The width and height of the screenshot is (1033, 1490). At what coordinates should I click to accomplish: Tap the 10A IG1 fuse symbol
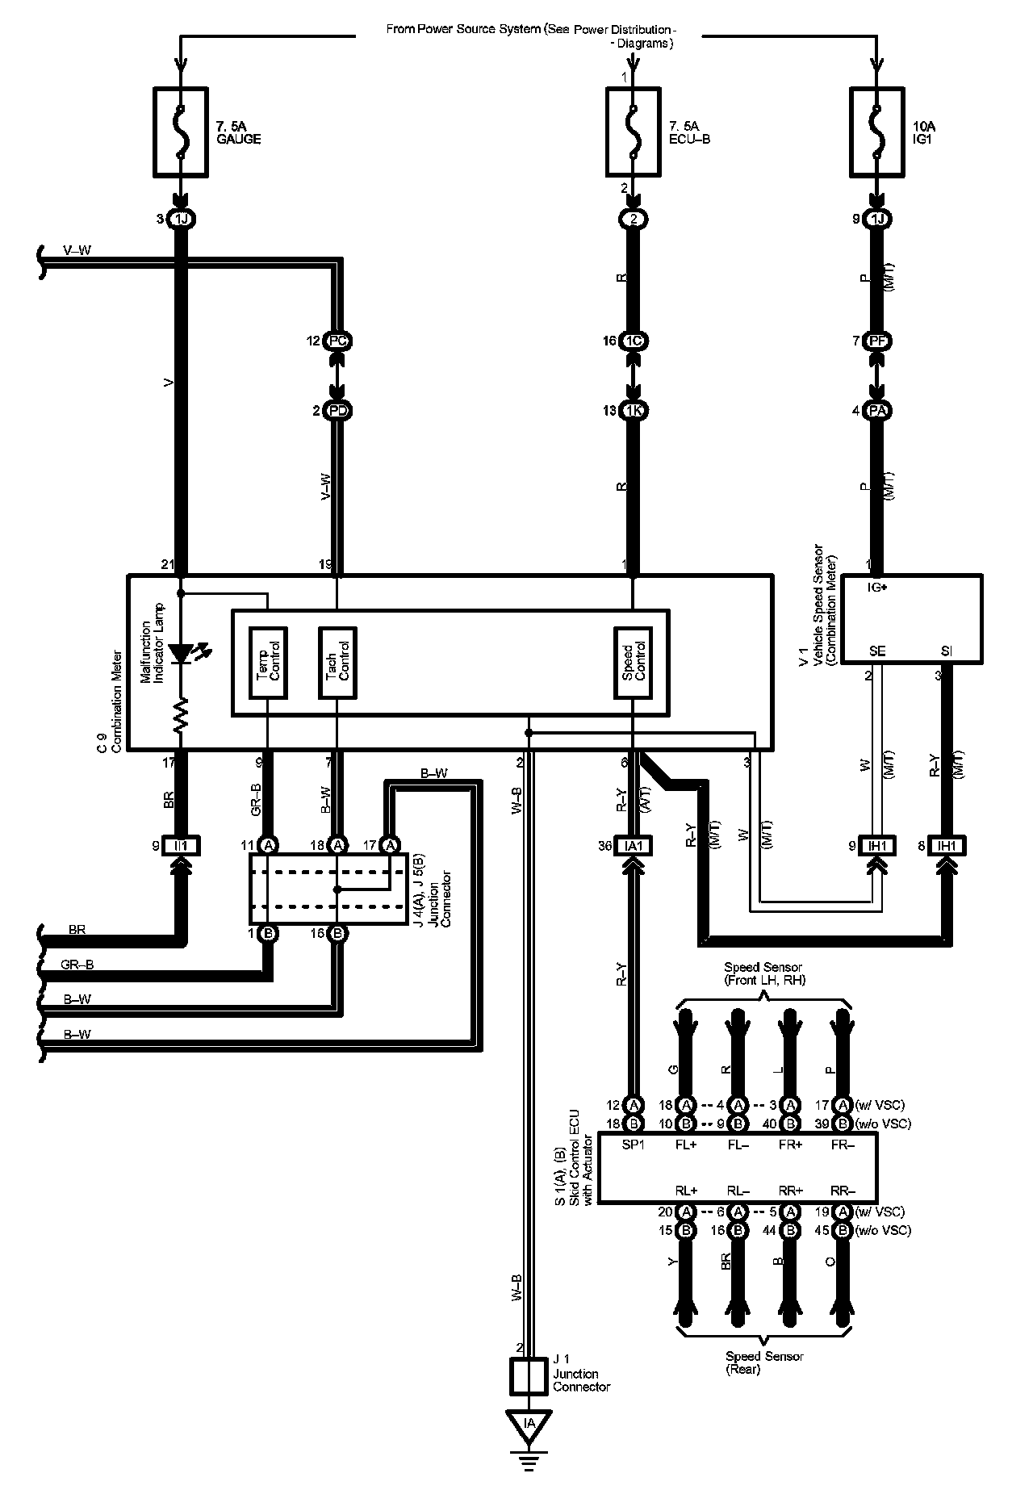(876, 132)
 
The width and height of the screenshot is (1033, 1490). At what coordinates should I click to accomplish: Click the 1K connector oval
(634, 410)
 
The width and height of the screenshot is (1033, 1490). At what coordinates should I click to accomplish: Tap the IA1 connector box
(634, 846)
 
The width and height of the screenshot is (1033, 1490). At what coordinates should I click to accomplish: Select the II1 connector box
(181, 846)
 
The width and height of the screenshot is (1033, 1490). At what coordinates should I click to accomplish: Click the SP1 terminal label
(634, 1145)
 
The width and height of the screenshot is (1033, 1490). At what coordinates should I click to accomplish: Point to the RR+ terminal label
(792, 1191)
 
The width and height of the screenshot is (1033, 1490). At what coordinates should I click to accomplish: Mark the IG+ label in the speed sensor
(877, 588)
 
